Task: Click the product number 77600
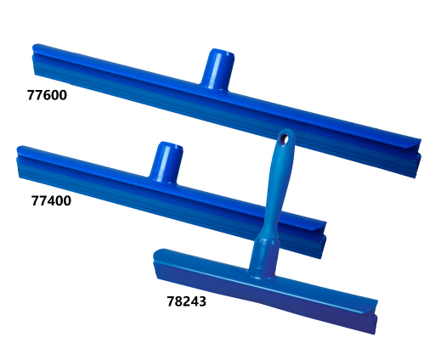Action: click(47, 95)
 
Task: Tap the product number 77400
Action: click(51, 201)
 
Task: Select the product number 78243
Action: click(187, 301)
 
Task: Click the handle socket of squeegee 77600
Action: click(218, 70)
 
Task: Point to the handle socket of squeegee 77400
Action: click(167, 162)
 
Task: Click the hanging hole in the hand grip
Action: click(284, 138)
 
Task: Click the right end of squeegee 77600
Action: click(419, 159)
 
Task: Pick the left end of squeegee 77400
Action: click(19, 161)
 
